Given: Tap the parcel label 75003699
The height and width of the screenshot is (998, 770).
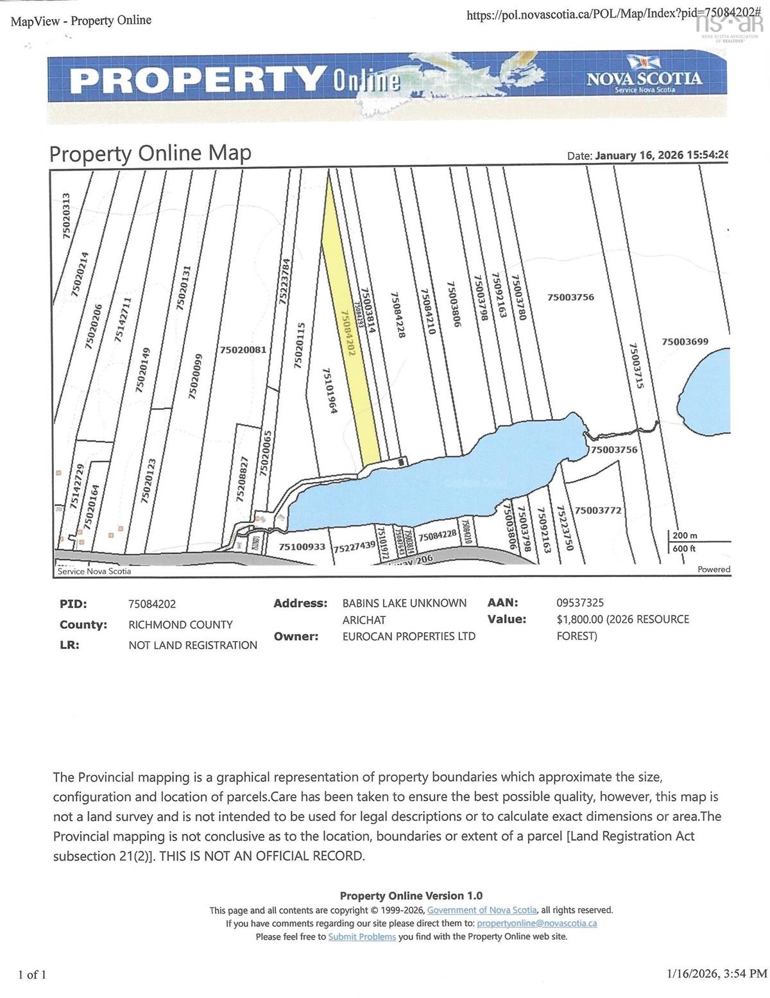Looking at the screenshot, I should (685, 341).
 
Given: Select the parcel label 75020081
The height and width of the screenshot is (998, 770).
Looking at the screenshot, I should (243, 350).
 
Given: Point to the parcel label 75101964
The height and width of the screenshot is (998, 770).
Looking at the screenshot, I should (329, 391).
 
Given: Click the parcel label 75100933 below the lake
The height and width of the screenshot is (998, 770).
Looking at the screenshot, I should (302, 547).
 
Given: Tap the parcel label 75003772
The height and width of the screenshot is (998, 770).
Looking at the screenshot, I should (597, 510).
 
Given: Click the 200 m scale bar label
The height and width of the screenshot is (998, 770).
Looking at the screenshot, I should (685, 535).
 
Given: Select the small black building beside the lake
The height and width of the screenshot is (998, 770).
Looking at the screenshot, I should (402, 461).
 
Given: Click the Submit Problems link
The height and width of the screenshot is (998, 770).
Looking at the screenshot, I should (362, 936).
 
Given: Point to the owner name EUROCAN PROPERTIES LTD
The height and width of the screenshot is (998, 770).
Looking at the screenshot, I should (409, 636).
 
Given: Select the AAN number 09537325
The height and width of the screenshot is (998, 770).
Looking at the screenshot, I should (580, 603).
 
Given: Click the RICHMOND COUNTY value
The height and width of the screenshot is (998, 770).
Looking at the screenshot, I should (180, 624).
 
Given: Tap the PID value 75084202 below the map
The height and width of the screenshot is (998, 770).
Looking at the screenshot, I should (152, 604).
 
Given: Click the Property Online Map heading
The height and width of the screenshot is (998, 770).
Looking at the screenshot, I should (150, 154).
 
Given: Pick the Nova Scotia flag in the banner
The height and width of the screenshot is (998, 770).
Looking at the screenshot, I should (638, 62).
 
